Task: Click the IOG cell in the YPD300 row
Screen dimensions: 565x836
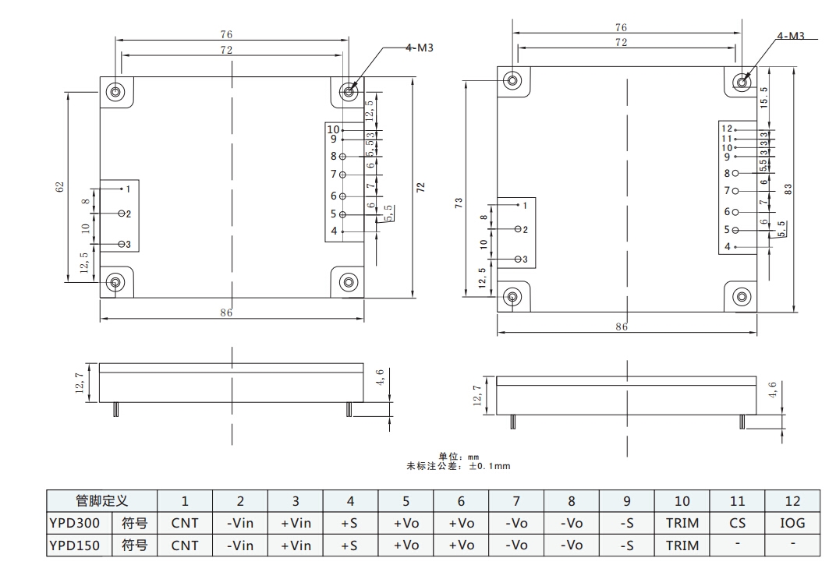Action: [x=792, y=523]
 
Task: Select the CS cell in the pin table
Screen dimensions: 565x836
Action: [x=737, y=523]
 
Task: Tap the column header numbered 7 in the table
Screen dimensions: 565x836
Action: [x=516, y=501]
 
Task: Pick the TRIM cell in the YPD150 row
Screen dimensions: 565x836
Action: [x=682, y=546]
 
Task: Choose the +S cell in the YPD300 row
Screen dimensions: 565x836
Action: [x=350, y=523]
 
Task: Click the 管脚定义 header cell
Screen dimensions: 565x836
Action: [x=101, y=501]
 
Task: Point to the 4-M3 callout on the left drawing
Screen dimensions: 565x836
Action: [x=419, y=48]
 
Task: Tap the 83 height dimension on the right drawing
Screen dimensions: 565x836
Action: [x=789, y=189]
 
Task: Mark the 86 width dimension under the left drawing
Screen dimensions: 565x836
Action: [x=226, y=313]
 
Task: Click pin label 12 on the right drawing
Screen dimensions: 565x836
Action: [x=726, y=129]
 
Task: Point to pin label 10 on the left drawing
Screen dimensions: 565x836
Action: [x=333, y=130]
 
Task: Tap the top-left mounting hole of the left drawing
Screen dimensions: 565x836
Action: [x=115, y=92]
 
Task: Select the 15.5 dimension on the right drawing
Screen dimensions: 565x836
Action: [x=764, y=97]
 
